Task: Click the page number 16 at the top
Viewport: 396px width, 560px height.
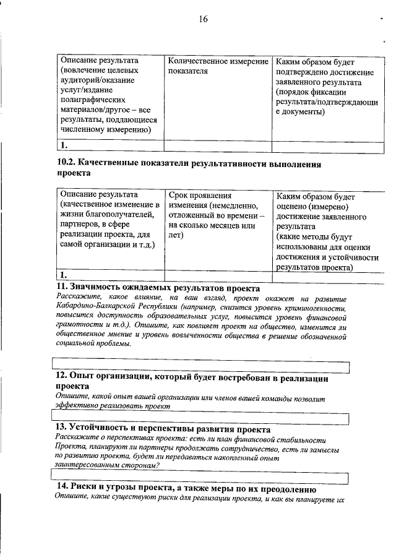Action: [203, 19]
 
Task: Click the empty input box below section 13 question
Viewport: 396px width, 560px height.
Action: [201, 475]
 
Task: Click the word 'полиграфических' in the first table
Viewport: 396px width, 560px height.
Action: [90, 98]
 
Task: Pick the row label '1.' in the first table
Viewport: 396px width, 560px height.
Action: [64, 146]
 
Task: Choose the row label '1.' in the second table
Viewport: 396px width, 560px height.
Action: [64, 275]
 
